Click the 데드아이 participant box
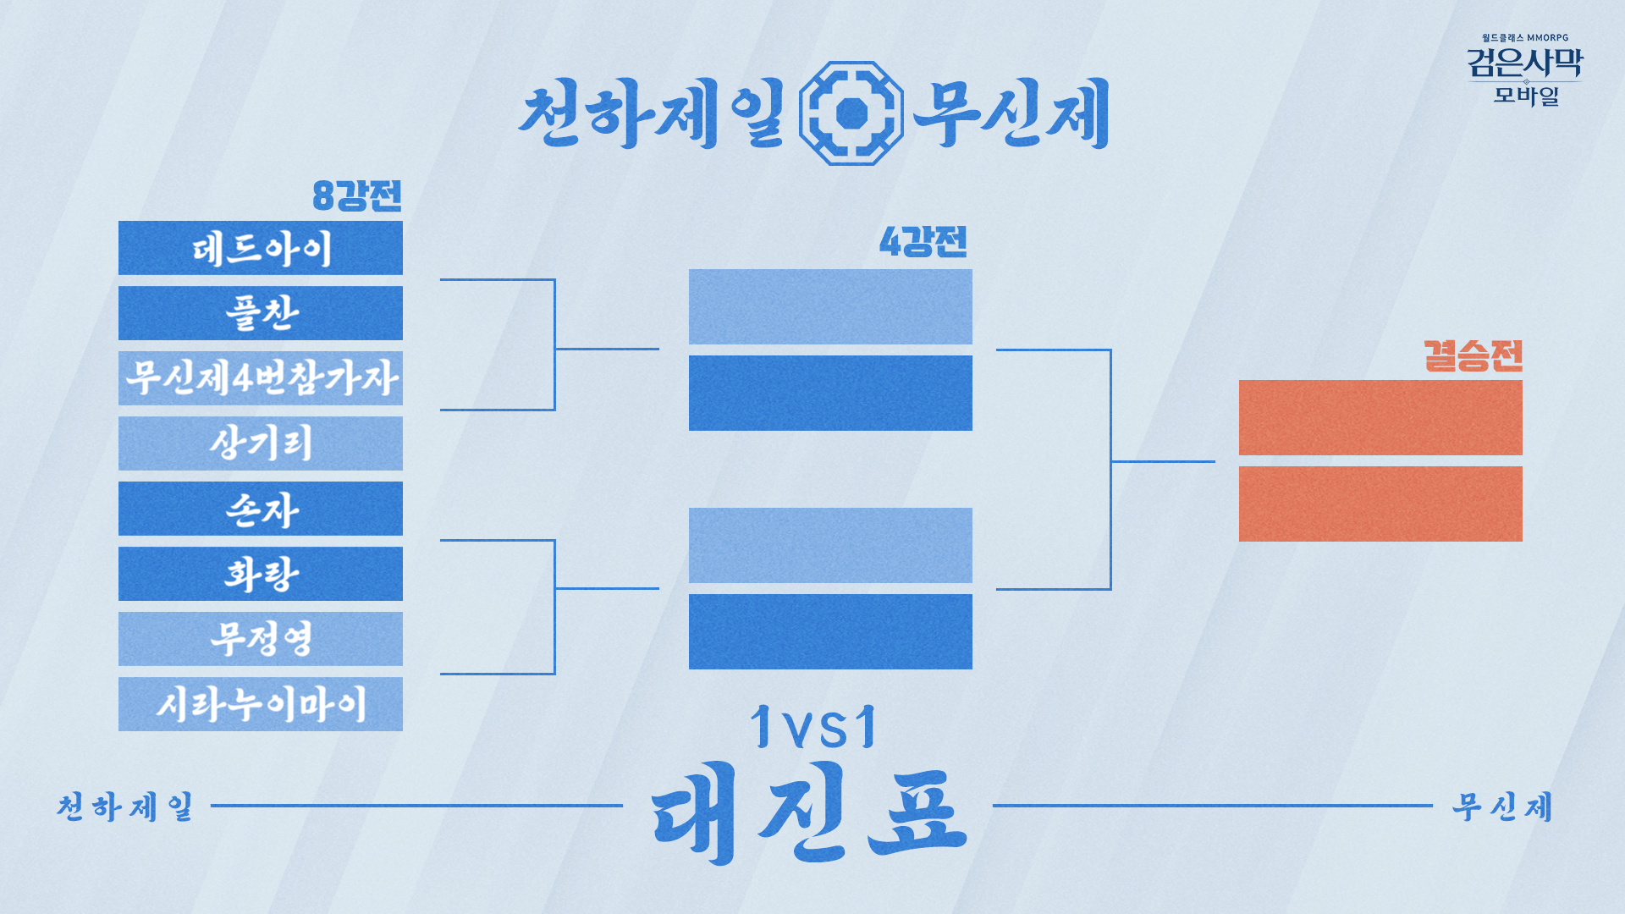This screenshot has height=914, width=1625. click(x=261, y=248)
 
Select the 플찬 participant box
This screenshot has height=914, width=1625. click(x=261, y=313)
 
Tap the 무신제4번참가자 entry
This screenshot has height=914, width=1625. click(x=261, y=378)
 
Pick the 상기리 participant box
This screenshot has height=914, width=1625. click(x=261, y=443)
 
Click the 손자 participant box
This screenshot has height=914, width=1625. click(x=261, y=509)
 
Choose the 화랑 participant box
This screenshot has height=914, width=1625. click(x=261, y=574)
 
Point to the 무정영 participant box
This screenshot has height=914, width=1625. click(x=261, y=639)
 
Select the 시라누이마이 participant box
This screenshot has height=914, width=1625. click(x=261, y=704)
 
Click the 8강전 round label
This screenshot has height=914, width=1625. click(x=357, y=195)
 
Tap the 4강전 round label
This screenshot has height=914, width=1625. click(x=923, y=242)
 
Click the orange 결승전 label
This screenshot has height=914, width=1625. click(x=1473, y=355)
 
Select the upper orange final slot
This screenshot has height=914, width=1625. click(x=1380, y=418)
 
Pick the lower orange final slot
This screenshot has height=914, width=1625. click(x=1380, y=504)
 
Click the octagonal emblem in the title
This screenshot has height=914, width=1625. click(x=851, y=113)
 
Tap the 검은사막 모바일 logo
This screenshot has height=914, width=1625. click(x=1525, y=72)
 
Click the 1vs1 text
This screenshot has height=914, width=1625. click(x=814, y=727)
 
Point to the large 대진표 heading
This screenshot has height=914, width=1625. click(x=810, y=812)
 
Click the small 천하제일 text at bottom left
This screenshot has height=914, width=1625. click(x=125, y=807)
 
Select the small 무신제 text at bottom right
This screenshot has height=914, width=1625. click(x=1502, y=807)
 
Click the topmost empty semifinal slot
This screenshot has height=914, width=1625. click(x=830, y=307)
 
